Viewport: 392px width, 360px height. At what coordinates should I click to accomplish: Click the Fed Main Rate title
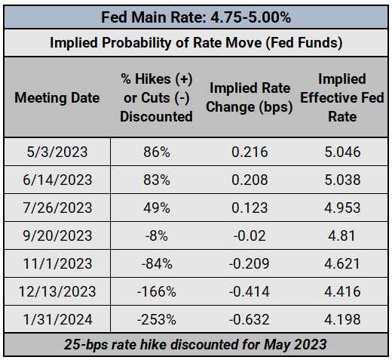click(x=196, y=17)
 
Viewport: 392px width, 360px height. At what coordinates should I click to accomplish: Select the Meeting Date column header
click(x=57, y=97)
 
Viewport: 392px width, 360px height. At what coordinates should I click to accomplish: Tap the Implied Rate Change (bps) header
click(x=250, y=97)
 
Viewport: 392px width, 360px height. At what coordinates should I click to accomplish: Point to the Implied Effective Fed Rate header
click(x=342, y=97)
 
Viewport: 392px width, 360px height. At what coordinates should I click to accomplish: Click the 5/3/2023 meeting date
click(x=57, y=152)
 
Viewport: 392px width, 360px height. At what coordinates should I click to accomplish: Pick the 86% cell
click(x=157, y=152)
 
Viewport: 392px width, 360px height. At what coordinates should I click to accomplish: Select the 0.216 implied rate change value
click(x=250, y=152)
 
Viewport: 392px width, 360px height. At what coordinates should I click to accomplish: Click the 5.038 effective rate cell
click(x=342, y=180)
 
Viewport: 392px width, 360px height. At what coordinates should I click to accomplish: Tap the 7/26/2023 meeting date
click(x=57, y=208)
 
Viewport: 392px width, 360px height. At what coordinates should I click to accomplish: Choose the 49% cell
click(x=157, y=208)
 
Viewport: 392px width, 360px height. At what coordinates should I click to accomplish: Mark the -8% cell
click(x=157, y=235)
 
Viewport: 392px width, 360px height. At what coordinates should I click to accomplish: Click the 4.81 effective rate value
click(x=342, y=235)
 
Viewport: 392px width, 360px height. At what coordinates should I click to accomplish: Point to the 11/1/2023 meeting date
click(x=57, y=263)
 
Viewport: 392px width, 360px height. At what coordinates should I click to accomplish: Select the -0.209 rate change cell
click(x=249, y=263)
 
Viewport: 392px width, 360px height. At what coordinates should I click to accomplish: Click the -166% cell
click(x=157, y=291)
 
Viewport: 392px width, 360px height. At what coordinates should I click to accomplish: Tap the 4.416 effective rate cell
click(x=342, y=291)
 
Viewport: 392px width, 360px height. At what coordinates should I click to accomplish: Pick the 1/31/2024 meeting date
click(x=57, y=319)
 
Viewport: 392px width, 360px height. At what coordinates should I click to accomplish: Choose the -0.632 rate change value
click(x=249, y=319)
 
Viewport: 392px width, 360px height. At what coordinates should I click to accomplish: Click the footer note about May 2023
click(x=195, y=344)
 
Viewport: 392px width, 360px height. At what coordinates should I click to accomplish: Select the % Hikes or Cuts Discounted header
click(x=156, y=97)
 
